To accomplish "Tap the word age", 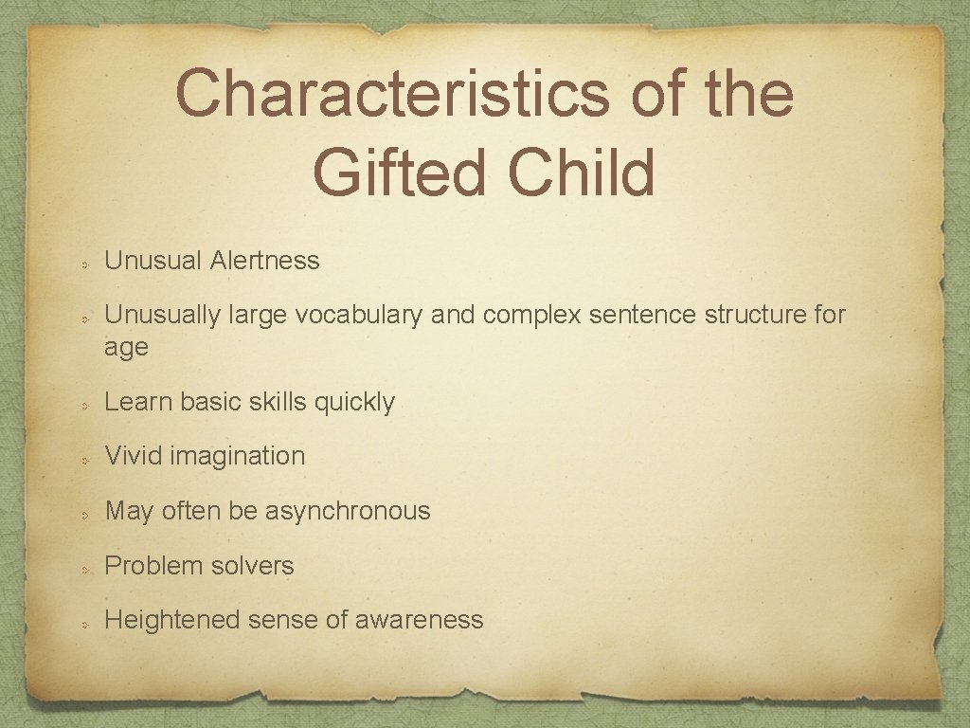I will [126, 348].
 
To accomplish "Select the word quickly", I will [354, 402].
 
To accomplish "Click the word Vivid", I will [134, 456].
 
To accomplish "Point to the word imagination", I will [238, 456].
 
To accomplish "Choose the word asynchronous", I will [348, 511].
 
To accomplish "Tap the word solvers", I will [253, 566].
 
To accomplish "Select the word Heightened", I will [172, 620].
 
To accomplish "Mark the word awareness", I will [419, 620].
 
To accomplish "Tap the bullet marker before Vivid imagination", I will [84, 458].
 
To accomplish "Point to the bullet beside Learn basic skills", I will [84, 404].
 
